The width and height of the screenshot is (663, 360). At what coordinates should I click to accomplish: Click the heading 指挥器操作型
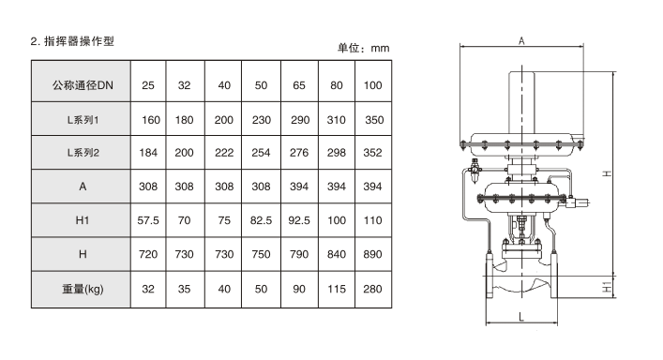point(79,41)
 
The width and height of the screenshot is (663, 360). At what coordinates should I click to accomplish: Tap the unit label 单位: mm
point(363,48)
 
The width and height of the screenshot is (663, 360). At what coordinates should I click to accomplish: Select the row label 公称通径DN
point(83,85)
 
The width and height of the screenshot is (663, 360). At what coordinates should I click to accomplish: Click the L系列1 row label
point(83,120)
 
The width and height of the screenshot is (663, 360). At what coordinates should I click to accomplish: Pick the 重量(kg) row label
point(83,289)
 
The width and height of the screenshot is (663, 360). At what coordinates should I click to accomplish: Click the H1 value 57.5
point(148,220)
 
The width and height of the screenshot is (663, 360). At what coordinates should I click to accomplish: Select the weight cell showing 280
point(372,289)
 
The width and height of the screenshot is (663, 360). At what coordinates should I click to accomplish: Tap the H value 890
point(372,254)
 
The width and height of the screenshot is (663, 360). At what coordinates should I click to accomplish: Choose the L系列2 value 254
point(261,153)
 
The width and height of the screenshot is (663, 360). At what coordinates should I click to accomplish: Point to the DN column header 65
point(299,85)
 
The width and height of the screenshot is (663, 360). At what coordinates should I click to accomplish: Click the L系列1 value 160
point(151,120)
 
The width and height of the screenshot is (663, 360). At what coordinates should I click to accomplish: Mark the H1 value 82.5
point(261,220)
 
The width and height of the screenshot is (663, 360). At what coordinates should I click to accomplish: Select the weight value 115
point(337,289)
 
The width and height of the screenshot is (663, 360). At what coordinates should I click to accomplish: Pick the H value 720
point(148,254)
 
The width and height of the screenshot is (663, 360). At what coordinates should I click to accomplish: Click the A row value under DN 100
point(372,187)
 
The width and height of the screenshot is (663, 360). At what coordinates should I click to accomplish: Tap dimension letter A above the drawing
point(521,41)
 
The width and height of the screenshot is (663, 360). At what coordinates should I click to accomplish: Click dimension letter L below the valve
point(521,317)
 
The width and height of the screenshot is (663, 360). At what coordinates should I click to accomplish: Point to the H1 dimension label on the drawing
point(607,288)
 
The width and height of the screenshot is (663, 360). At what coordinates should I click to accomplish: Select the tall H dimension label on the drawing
point(607,173)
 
